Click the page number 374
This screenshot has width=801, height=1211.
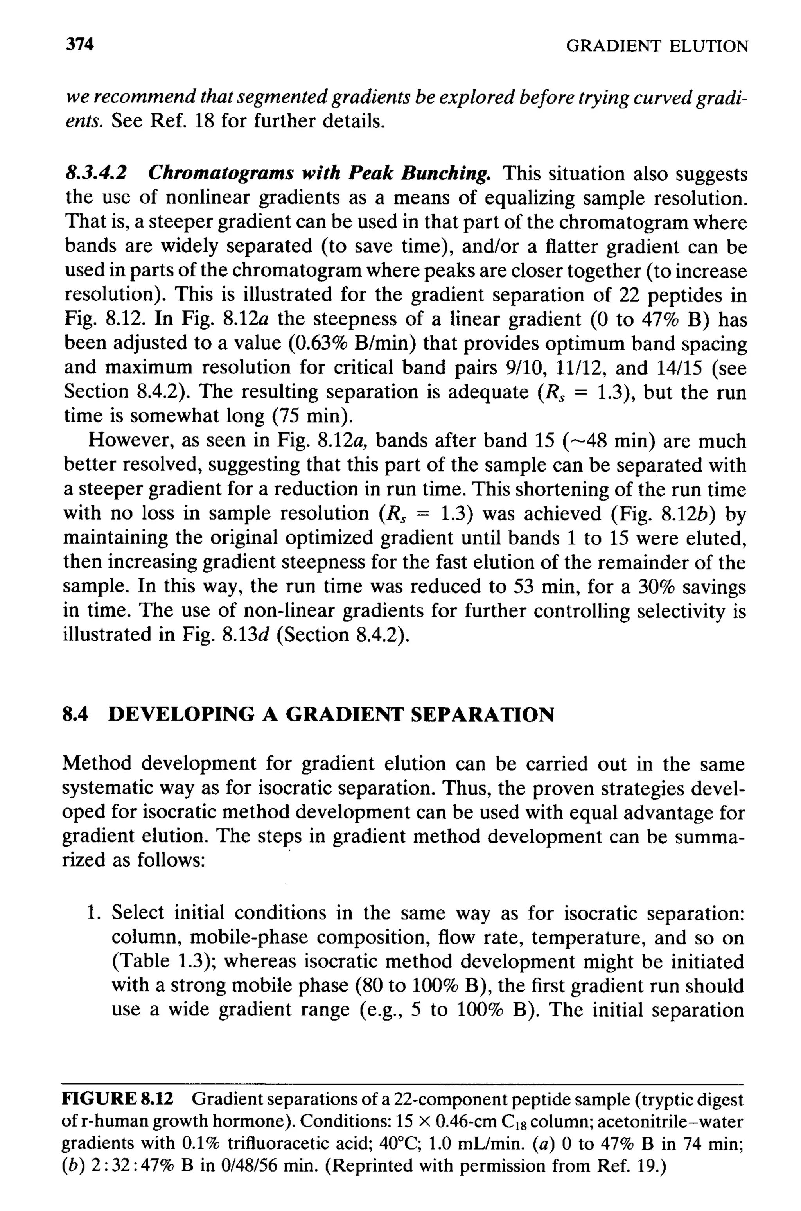[80, 45]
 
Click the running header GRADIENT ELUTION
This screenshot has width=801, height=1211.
[657, 47]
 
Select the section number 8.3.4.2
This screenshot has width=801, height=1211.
[95, 174]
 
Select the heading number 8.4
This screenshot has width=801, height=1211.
[75, 714]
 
